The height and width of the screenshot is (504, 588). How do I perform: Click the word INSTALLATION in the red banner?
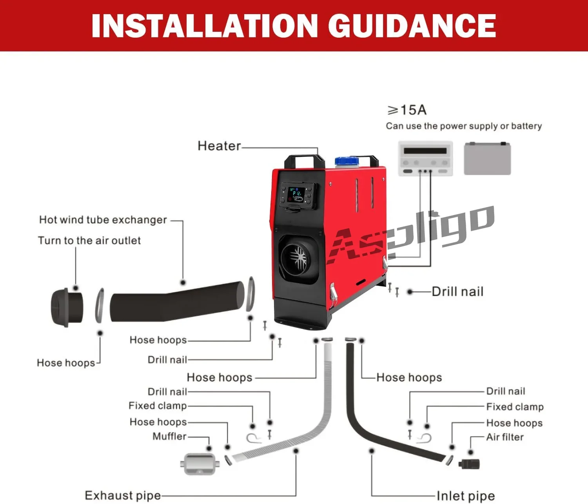(x=204, y=26)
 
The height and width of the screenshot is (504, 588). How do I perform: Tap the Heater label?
(x=219, y=146)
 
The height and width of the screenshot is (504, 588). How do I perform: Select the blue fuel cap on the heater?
(x=347, y=161)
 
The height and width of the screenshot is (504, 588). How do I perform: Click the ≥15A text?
(x=407, y=110)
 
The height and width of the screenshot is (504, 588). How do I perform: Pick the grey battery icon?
(x=487, y=158)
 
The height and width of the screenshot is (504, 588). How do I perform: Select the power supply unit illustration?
(x=425, y=158)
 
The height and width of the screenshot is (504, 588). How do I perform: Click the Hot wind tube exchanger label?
(x=103, y=220)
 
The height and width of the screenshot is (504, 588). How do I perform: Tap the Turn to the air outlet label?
(x=89, y=240)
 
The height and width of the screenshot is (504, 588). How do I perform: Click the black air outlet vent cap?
(x=66, y=307)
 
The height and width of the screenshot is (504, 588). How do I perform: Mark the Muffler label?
(x=169, y=436)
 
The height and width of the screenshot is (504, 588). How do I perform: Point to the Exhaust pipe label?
(x=123, y=495)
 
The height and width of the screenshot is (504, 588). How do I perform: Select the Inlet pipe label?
(x=465, y=496)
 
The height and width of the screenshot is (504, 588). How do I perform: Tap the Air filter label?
(x=505, y=437)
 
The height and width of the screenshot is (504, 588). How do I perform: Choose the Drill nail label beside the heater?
(x=457, y=291)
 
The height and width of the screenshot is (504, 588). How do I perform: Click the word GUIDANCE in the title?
(x=412, y=26)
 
